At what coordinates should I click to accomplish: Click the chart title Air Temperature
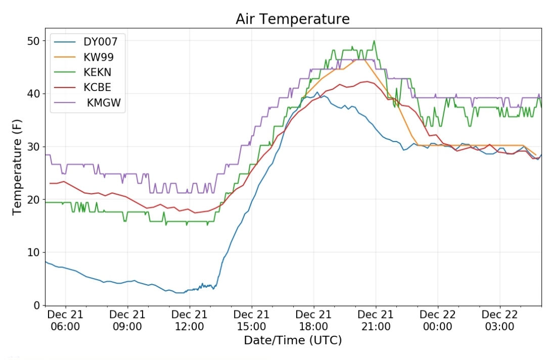293,19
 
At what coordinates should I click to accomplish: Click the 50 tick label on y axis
34,41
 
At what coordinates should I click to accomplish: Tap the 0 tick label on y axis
37,305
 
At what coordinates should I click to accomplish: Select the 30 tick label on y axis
34,147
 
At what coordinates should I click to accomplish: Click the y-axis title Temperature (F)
17,167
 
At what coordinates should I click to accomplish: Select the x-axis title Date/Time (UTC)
293,340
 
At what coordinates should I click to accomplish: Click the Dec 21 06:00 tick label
65,321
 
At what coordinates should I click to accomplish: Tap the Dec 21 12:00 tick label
190,321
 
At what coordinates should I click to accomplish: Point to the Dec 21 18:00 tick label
313,321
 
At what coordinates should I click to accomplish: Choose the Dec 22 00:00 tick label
437,321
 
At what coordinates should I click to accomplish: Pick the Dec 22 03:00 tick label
499,321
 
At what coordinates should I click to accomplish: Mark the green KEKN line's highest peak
374,41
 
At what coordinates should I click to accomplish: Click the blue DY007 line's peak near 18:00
317,92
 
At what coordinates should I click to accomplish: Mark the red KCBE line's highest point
368,81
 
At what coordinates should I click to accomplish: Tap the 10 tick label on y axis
34,252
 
